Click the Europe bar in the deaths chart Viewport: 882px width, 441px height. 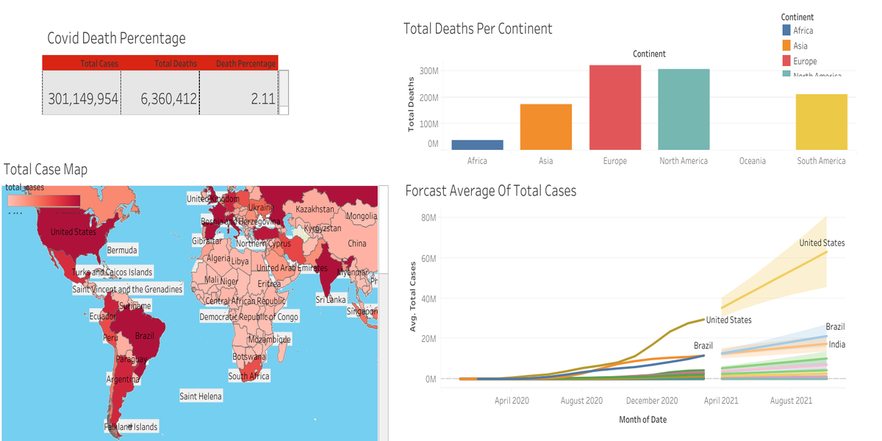point(614,107)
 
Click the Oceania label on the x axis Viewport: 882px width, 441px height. point(752,161)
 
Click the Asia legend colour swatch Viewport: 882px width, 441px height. point(786,46)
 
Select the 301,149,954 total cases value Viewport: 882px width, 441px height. point(83,98)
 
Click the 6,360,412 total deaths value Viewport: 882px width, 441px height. point(169,98)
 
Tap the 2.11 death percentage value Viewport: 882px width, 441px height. point(262,98)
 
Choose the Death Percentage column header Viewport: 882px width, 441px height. point(245,64)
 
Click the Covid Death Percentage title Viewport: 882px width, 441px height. point(116,38)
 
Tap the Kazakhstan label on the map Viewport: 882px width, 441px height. point(315,209)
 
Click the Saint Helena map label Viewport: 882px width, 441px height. point(201,396)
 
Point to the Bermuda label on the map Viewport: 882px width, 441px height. point(122,251)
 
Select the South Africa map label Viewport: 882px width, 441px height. point(248,376)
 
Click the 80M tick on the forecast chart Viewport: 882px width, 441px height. point(428,218)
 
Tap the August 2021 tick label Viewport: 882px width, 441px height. point(791,401)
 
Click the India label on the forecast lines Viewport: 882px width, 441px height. point(836,345)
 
